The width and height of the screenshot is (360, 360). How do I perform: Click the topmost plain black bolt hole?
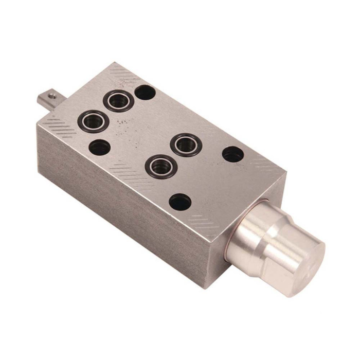[x=146, y=93]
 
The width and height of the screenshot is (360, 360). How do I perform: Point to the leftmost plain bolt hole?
[x=100, y=148]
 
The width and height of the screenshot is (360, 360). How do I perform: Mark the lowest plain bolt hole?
[x=180, y=202]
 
